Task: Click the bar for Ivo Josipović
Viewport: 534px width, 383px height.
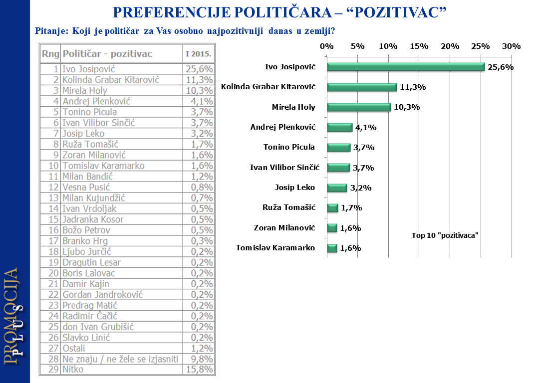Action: click(405, 67)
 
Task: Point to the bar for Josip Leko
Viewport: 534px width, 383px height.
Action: click(337, 188)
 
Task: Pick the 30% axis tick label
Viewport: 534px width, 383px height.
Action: click(511, 46)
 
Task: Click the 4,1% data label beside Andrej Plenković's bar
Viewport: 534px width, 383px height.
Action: click(366, 128)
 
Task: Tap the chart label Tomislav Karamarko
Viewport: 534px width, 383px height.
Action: click(275, 248)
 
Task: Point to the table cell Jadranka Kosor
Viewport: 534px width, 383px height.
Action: click(93, 219)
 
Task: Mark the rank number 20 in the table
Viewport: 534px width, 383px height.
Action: click(54, 273)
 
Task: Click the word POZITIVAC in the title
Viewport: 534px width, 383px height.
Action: click(395, 12)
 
